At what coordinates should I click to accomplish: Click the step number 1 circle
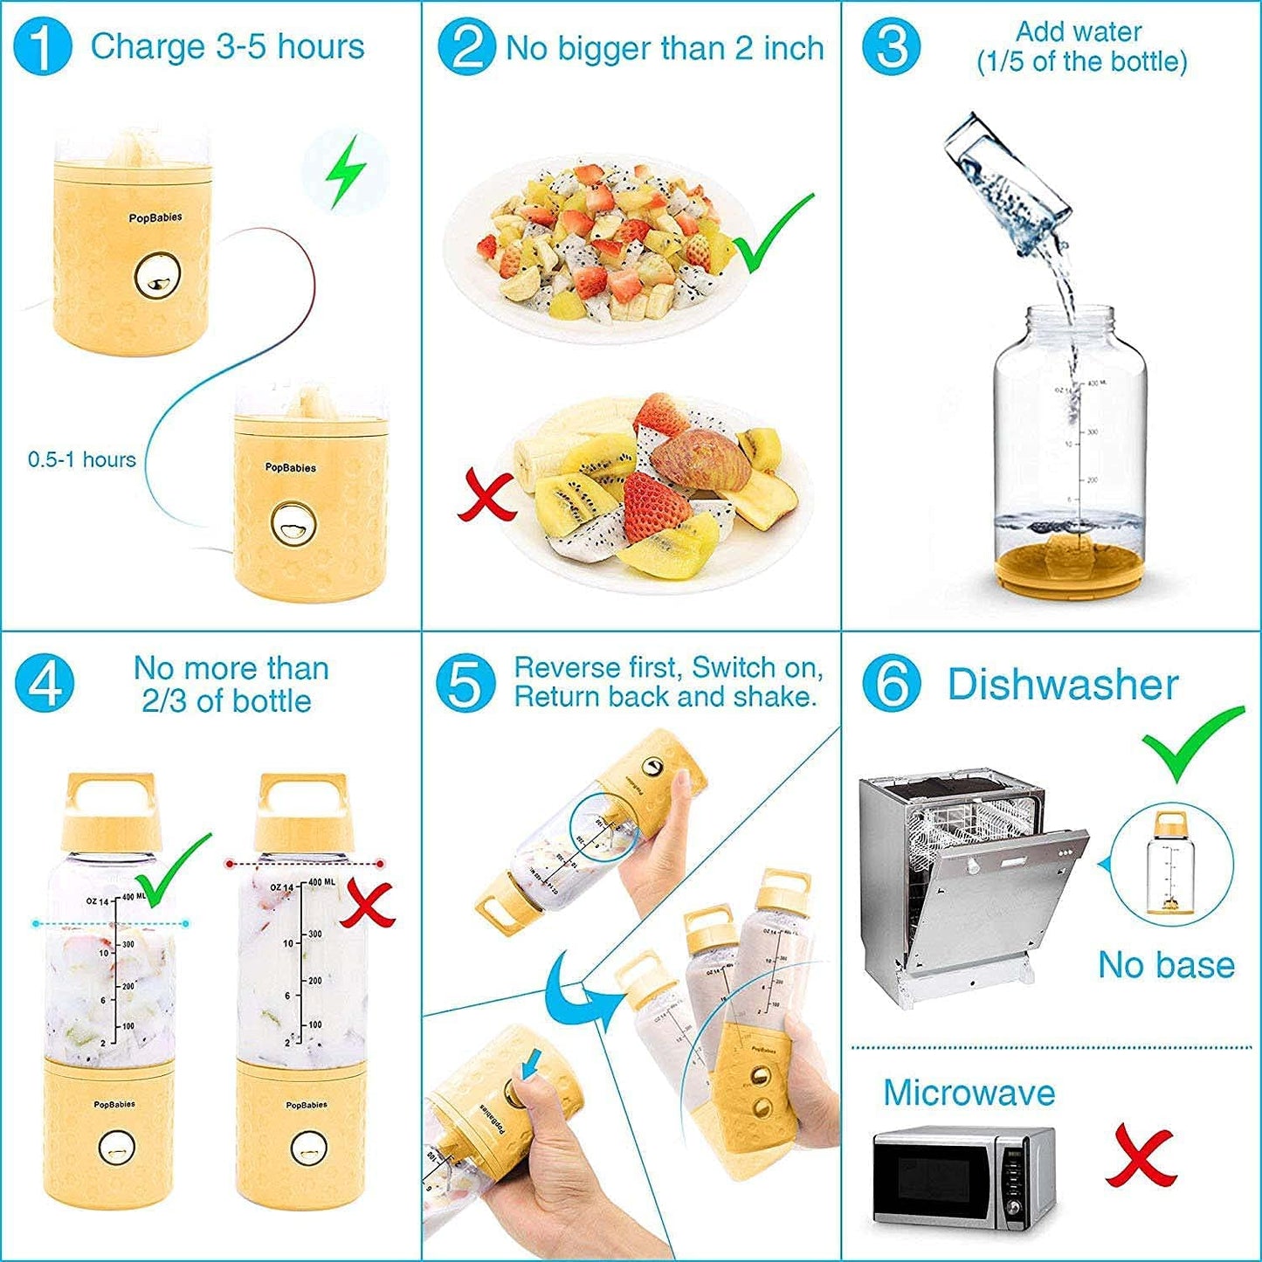tap(43, 47)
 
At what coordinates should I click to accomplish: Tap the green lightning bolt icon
tap(345, 171)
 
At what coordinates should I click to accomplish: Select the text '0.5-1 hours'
tap(82, 459)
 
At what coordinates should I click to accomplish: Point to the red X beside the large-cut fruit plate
tap(486, 495)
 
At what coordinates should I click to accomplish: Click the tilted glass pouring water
tap(1008, 180)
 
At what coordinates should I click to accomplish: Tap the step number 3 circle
tap(891, 47)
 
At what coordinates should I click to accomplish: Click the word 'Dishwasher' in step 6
tap(1063, 684)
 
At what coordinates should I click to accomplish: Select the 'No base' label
tap(1166, 965)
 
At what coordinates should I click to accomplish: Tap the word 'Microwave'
tap(969, 1093)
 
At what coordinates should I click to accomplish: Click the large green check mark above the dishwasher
tap(1192, 741)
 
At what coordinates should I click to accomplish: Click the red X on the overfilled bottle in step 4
tap(366, 904)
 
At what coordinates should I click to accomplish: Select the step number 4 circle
tap(45, 684)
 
